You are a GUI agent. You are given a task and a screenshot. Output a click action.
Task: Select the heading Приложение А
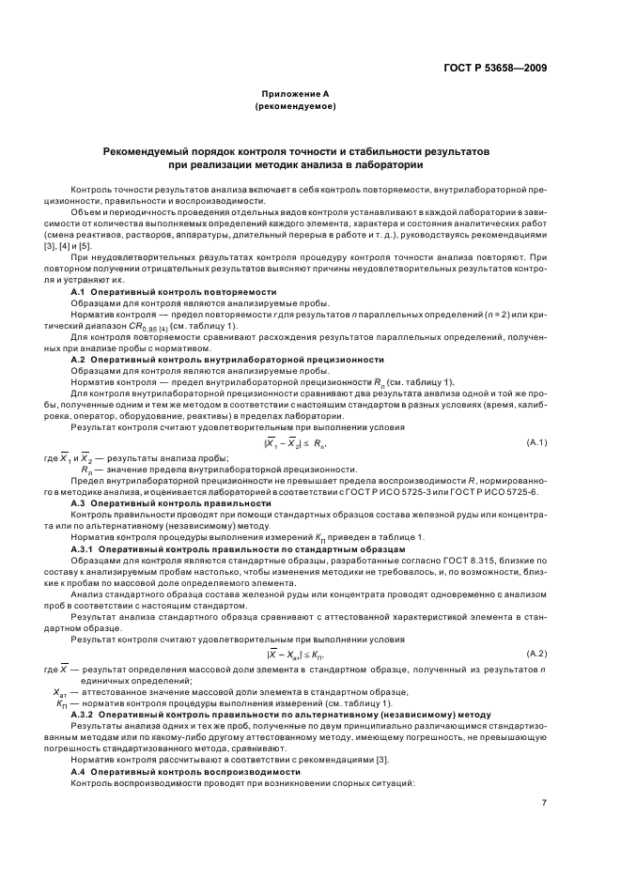[x=295, y=95]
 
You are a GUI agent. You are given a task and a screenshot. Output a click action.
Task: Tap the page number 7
[x=544, y=802]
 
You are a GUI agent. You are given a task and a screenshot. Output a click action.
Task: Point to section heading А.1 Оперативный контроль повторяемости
[x=174, y=292]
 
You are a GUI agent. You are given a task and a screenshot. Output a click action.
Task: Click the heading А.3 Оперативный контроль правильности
[x=172, y=503]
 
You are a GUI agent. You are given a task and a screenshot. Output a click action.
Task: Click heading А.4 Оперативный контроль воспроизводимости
[x=183, y=771]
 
